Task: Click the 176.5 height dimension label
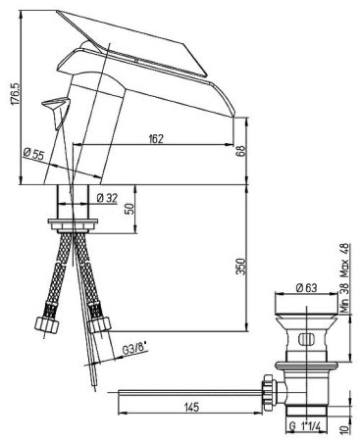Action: pyautogui.click(x=16, y=94)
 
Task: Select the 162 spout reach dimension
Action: pyautogui.click(x=156, y=139)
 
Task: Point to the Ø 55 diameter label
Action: pyautogui.click(x=33, y=154)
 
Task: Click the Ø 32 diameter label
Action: pyautogui.click(x=107, y=198)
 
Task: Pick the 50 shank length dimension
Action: pyautogui.click(x=129, y=208)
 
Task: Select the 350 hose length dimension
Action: pyautogui.click(x=240, y=267)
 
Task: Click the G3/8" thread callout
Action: pyautogui.click(x=133, y=349)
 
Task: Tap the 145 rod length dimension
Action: pyautogui.click(x=191, y=407)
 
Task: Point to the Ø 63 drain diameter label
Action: pyautogui.click(x=307, y=288)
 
